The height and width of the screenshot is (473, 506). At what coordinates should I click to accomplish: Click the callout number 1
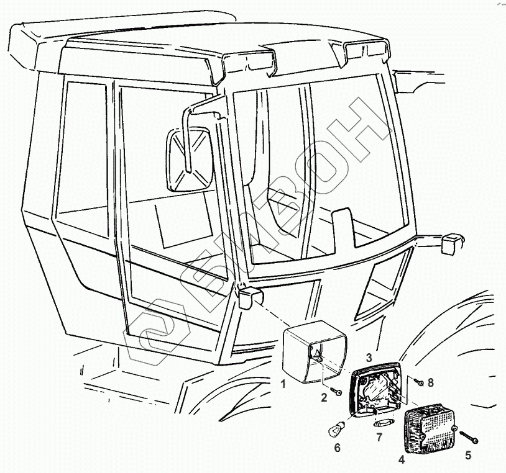tap(283, 384)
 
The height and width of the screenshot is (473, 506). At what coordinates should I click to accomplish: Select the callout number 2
tap(324, 399)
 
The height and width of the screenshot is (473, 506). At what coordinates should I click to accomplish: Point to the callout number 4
tap(402, 460)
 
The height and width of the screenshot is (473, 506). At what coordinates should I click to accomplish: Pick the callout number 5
tap(467, 456)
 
